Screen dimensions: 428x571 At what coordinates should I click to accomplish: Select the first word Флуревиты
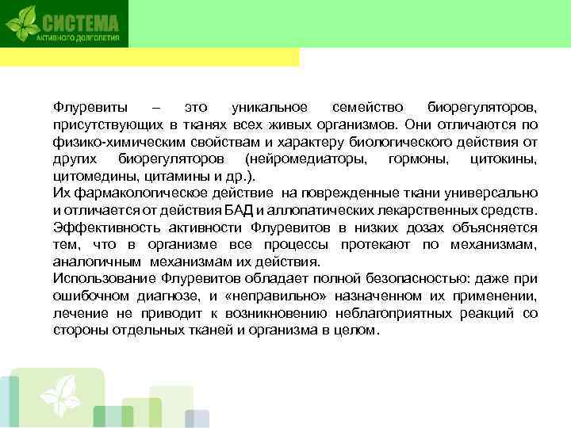(x=83, y=106)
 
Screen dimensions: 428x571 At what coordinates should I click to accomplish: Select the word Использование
(x=102, y=278)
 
